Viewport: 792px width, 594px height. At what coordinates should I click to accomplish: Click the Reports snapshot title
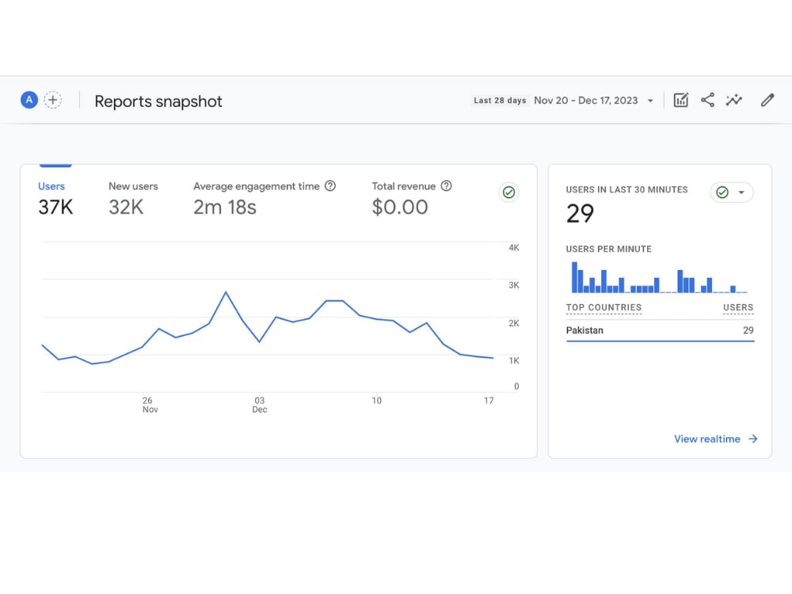158,101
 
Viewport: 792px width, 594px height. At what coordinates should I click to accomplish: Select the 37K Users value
55,207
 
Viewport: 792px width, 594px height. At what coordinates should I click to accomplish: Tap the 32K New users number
126,207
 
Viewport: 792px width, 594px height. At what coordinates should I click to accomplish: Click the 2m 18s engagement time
225,207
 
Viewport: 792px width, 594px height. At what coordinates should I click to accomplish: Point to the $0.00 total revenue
399,207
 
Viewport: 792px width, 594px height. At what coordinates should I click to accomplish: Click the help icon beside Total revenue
446,186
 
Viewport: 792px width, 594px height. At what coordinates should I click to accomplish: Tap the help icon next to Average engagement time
329,186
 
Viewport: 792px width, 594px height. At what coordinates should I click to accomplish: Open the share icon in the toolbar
707,100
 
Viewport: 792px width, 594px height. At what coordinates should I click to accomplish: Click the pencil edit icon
767,100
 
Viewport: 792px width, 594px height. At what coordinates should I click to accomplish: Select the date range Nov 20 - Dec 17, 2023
586,101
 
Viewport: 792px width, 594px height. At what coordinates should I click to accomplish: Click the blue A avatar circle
29,100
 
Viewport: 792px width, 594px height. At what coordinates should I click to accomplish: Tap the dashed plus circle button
52,100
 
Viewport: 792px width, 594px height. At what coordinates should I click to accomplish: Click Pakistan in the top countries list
584,330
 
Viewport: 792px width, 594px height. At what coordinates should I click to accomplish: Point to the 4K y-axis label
514,247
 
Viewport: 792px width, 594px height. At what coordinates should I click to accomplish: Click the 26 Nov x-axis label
150,405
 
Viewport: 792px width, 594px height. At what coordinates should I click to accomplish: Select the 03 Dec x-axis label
260,405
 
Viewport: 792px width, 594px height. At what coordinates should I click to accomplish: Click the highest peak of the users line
226,292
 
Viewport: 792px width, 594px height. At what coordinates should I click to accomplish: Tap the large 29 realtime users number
580,213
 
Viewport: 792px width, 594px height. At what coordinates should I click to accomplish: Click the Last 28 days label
500,101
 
